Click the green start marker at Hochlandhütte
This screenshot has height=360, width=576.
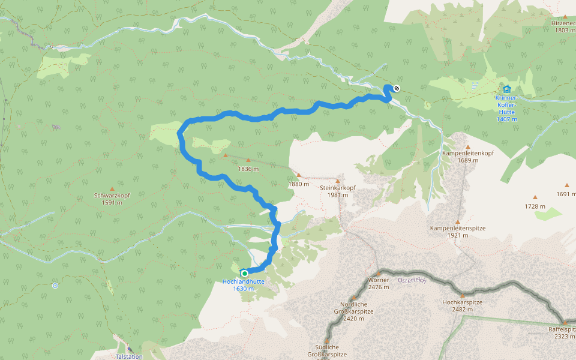[244, 273]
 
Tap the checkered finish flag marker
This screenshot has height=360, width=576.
[396, 89]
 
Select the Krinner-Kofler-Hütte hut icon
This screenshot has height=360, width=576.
[507, 89]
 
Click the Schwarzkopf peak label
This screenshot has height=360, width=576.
[112, 199]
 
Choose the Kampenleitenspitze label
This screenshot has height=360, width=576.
[457, 232]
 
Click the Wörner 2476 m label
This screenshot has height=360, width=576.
[379, 283]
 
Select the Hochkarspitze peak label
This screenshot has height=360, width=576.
[462, 305]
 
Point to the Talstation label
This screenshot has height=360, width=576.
[129, 356]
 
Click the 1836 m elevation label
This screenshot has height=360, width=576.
[248, 169]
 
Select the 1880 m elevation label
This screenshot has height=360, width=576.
[298, 184]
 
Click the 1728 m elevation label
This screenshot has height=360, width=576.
[535, 207]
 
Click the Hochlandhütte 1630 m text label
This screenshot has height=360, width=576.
[243, 284]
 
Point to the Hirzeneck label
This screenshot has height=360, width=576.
[563, 26]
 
